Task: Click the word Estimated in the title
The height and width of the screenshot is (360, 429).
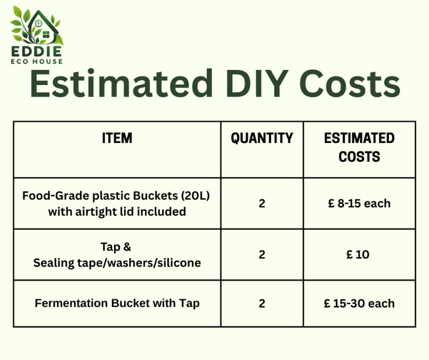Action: [x=121, y=83]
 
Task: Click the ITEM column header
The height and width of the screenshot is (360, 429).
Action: [x=117, y=138]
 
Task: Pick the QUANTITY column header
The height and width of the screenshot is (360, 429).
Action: [x=262, y=138]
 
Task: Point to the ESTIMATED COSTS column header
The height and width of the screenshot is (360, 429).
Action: [x=359, y=147]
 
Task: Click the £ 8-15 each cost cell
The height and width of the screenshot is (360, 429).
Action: [x=359, y=203]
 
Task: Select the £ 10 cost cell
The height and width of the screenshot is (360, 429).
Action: [x=358, y=254]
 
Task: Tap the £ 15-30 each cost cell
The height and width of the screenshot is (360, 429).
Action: [x=359, y=304]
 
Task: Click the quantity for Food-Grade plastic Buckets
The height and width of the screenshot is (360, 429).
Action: [x=262, y=203]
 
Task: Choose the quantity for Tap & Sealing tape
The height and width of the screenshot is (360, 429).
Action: [x=262, y=254]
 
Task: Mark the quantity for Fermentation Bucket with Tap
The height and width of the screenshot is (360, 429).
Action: [x=262, y=304]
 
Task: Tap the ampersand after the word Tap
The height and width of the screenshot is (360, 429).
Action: [x=127, y=247]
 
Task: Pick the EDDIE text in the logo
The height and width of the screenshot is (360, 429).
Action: [x=36, y=51]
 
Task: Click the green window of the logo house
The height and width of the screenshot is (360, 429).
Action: [x=46, y=35]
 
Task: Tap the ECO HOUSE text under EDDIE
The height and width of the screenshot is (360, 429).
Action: [x=37, y=61]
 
